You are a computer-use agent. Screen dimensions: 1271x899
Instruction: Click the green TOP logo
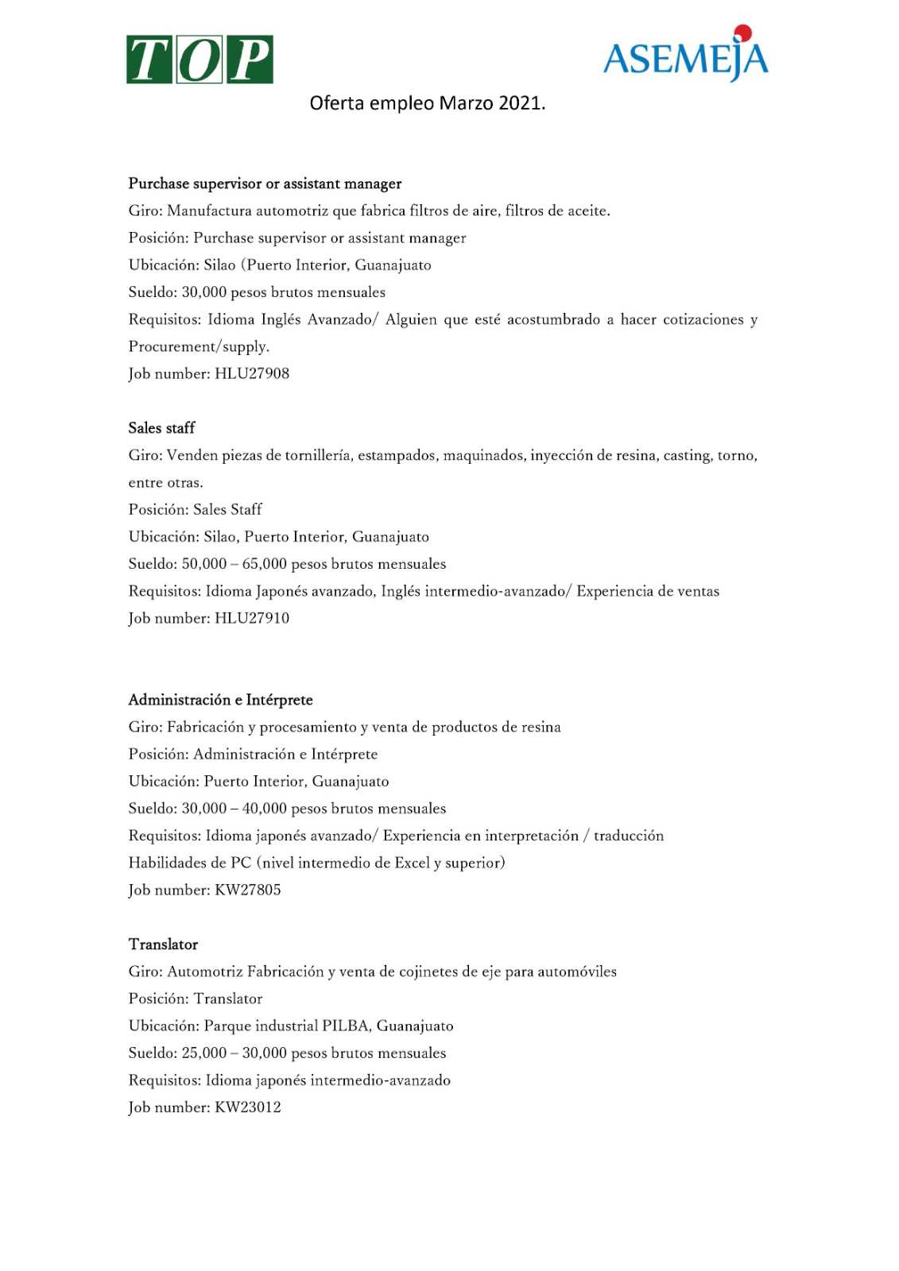coord(200,60)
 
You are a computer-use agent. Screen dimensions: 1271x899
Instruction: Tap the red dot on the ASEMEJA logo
coord(742,33)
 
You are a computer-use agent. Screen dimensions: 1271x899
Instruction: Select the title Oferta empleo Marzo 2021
coord(428,103)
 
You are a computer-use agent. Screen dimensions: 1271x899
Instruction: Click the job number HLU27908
coord(252,373)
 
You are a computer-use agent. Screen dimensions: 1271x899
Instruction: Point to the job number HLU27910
coord(252,618)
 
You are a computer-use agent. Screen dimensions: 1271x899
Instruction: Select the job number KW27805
coord(248,890)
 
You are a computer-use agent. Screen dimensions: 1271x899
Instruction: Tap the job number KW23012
coord(248,1107)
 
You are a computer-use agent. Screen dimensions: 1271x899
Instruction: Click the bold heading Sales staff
coord(161,428)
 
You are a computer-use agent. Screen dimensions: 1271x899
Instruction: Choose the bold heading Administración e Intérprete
coord(221,700)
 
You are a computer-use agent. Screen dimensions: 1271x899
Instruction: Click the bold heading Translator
coord(163,945)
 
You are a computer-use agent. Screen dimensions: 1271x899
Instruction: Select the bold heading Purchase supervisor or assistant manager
coord(265,184)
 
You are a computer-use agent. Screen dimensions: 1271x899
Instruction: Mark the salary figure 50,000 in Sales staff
coord(204,564)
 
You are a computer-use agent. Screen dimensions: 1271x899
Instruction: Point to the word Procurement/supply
coord(199,346)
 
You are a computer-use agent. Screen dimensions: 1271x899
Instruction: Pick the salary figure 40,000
coord(264,809)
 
